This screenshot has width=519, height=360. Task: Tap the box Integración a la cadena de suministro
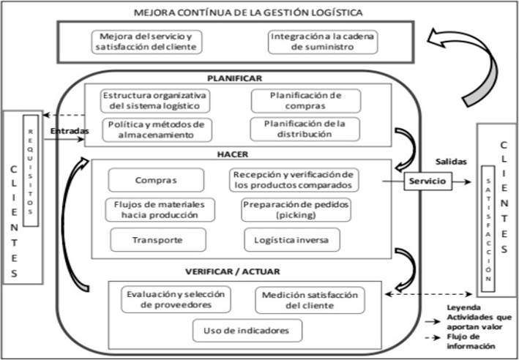pyautogui.click(x=323, y=42)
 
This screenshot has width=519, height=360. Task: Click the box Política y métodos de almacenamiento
pyautogui.click(x=156, y=129)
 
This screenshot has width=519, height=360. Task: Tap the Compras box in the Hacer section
pyautogui.click(x=155, y=180)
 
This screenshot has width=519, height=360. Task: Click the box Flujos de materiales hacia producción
pyautogui.click(x=160, y=209)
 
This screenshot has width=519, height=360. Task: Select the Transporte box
pyautogui.click(x=157, y=239)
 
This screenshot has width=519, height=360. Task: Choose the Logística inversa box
pyautogui.click(x=292, y=239)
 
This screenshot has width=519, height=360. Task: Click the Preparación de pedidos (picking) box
pyautogui.click(x=296, y=209)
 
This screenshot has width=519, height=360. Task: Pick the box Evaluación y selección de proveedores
pyautogui.click(x=175, y=299)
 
